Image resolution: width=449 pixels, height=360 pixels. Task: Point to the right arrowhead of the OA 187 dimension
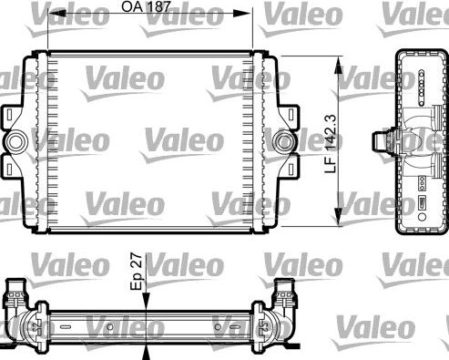pyautogui.click(x=247, y=13)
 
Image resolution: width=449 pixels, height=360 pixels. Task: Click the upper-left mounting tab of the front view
pyautogui.click(x=12, y=117)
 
